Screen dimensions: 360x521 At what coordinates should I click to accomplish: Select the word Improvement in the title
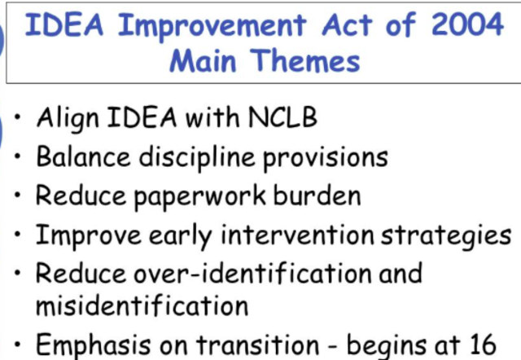204,25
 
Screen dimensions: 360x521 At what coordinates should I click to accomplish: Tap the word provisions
331,156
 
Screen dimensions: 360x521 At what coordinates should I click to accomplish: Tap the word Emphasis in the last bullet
94,345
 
